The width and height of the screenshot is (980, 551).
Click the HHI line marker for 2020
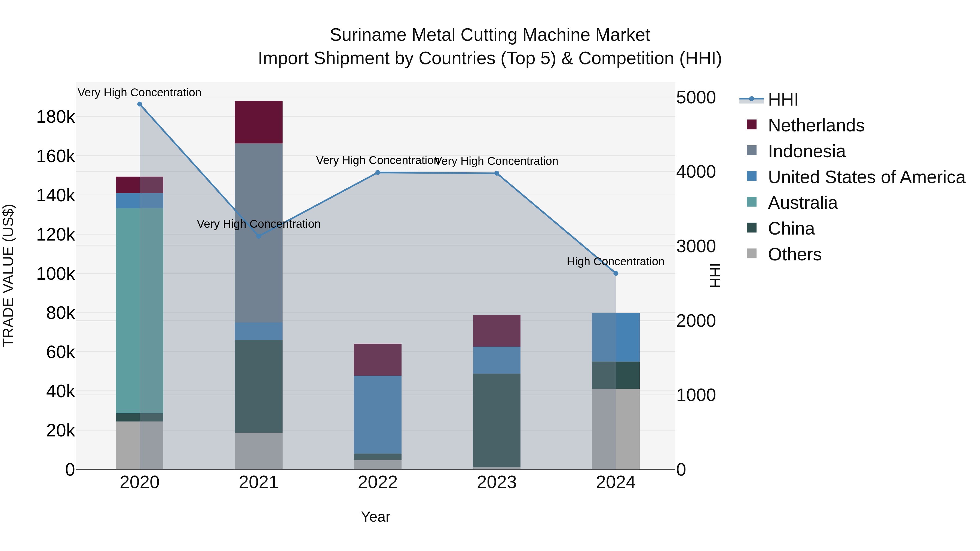click(x=140, y=104)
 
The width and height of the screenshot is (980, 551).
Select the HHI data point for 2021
click(x=259, y=236)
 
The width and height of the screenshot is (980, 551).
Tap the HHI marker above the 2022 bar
click(x=378, y=173)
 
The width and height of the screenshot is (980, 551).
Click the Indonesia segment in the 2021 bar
click(x=259, y=233)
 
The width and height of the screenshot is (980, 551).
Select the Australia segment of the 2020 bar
click(x=140, y=310)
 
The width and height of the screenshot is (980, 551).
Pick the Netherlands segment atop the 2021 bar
click(x=259, y=122)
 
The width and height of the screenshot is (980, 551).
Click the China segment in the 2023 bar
click(x=497, y=420)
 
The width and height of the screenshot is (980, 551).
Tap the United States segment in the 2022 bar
click(x=378, y=414)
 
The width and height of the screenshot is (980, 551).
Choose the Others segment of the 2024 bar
click(x=616, y=429)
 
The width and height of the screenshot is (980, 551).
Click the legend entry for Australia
click(x=802, y=203)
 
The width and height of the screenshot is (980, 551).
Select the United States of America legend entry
click(x=866, y=177)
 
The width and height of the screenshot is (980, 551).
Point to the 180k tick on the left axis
click(x=56, y=117)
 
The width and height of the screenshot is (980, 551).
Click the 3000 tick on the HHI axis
click(x=696, y=247)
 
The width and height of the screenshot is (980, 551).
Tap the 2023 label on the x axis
click(x=497, y=482)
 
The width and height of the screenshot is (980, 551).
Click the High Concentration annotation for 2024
click(x=615, y=261)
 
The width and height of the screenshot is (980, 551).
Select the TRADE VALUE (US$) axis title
click(x=8, y=275)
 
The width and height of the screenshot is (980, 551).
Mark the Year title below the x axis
click(x=375, y=517)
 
